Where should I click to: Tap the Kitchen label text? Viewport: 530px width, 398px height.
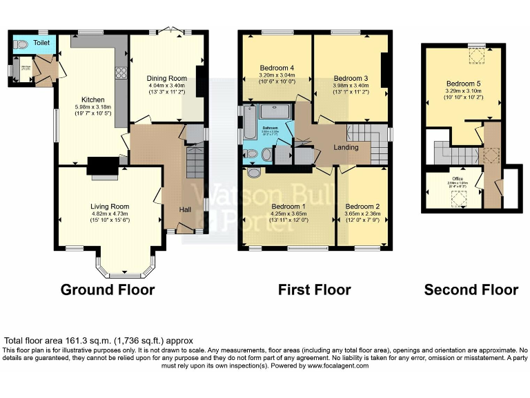point(93,99)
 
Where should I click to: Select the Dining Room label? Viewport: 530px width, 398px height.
point(166,77)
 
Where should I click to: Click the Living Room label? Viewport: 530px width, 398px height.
point(110,206)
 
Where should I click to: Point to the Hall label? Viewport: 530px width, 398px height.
point(186,210)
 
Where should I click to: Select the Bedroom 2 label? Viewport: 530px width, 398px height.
point(362,206)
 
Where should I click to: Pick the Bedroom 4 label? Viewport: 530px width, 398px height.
point(277,67)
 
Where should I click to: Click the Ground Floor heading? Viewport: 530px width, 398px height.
point(108,290)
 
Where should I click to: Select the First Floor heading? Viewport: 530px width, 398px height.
point(314,290)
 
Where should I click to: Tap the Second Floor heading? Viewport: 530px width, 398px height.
point(471,290)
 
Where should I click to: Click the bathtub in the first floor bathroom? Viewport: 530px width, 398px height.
point(246,126)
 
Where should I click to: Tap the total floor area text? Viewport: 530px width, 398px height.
point(98,341)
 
